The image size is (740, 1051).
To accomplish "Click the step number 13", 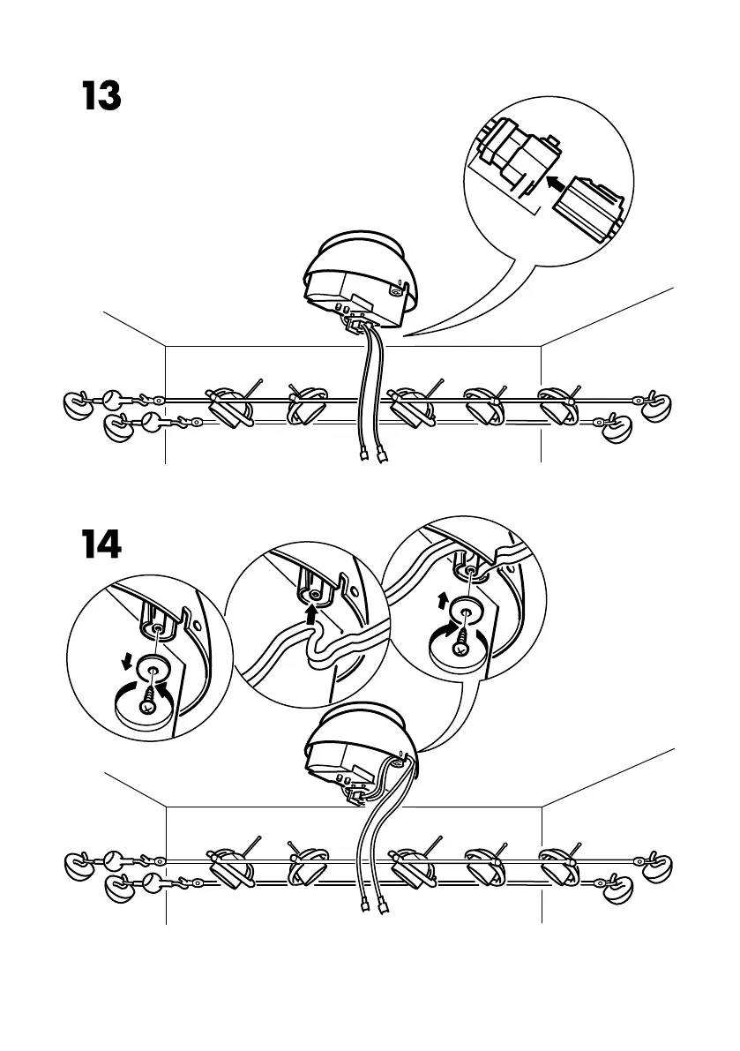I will (101, 96).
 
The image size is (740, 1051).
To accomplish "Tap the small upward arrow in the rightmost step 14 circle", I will (443, 601).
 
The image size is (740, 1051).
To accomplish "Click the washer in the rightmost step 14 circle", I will (467, 611).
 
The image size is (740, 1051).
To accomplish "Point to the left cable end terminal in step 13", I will (363, 457).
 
